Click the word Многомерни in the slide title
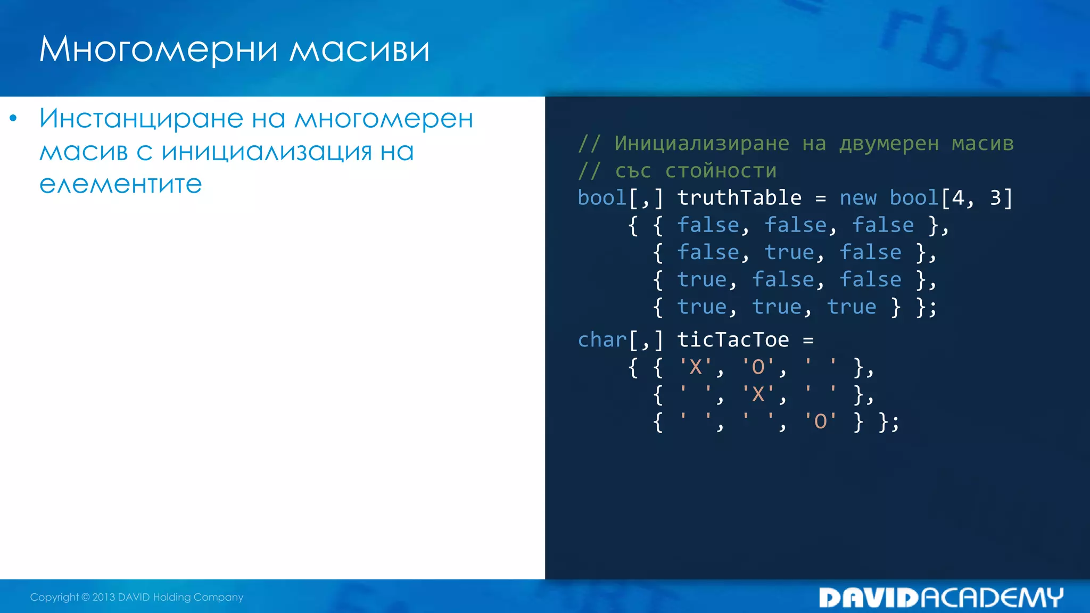159,50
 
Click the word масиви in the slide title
359,50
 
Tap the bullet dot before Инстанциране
13,118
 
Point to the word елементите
121,184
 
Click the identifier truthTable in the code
739,198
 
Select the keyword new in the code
857,198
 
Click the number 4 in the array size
958,198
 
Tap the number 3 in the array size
995,198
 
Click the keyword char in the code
602,339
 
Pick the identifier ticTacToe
732,339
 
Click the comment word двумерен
889,144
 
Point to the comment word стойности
721,171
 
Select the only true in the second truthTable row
789,252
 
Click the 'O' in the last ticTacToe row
820,421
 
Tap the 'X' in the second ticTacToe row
758,394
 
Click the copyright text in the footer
136,597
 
